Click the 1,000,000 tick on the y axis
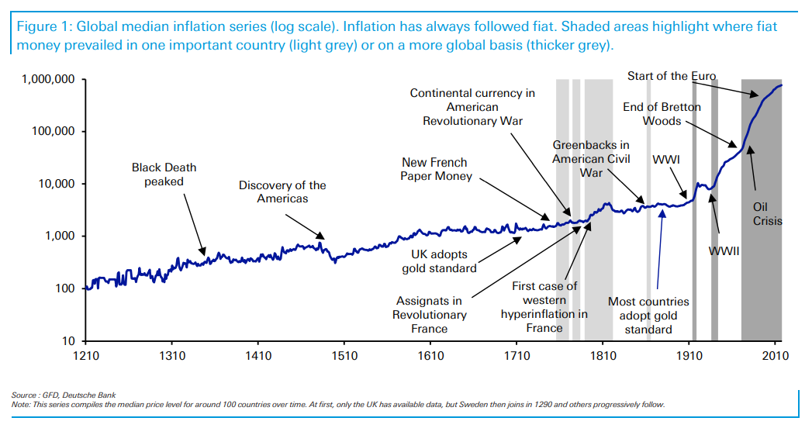coord(49,79)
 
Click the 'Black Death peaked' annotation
coord(164,174)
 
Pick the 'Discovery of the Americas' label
coord(282,192)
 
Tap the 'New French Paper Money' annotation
coord(434,169)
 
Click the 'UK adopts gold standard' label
coord(439,261)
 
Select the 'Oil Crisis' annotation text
coord(766,214)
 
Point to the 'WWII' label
coord(724,251)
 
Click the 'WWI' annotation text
coord(666,160)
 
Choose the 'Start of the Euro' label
coord(672,76)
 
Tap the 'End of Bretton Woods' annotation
coord(662,114)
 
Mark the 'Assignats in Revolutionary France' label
coord(429,315)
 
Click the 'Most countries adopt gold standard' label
coord(648,316)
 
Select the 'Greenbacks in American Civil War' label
coord(591,158)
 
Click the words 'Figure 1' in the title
coord(43,26)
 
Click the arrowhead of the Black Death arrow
coord(205,254)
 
